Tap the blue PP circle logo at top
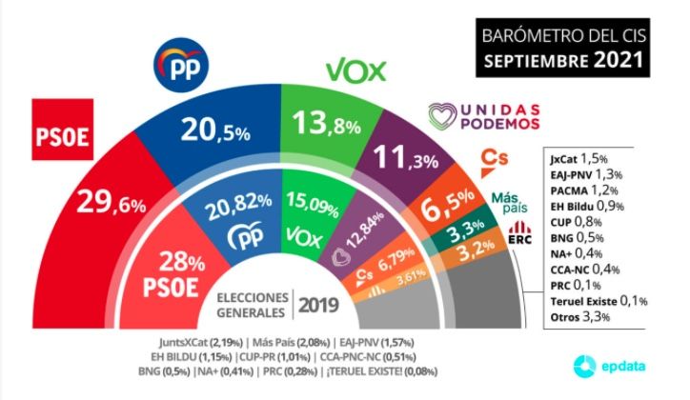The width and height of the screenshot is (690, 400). pyautogui.click(x=183, y=67)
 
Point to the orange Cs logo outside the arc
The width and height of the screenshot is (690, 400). pyautogui.click(x=493, y=157)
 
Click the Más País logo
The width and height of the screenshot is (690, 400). pyautogui.click(x=511, y=202)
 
